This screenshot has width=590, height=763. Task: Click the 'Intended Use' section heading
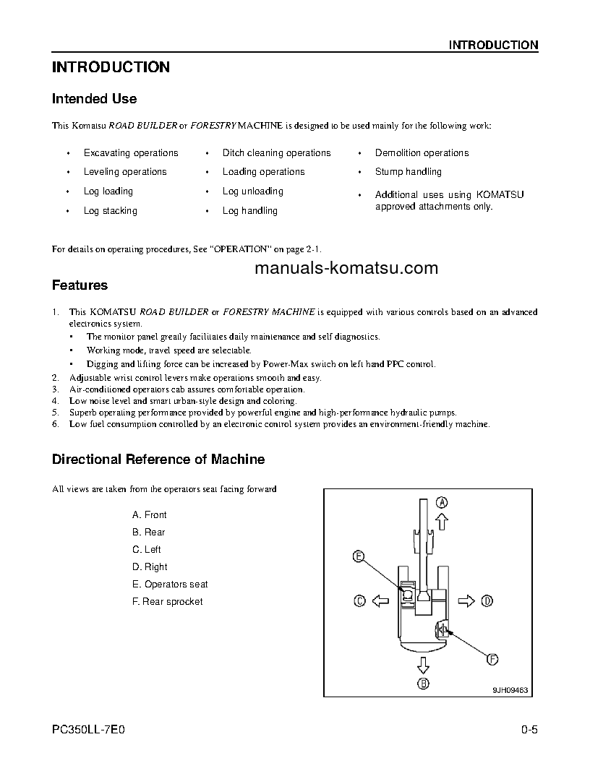click(94, 99)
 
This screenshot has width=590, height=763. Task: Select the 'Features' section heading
click(80, 285)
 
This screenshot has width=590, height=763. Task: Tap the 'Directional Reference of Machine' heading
click(158, 460)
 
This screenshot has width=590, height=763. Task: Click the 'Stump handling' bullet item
click(408, 172)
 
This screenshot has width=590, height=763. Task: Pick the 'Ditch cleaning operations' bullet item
click(276, 153)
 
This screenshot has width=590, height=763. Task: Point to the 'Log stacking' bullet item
click(110, 211)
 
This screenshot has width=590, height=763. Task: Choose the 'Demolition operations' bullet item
click(422, 153)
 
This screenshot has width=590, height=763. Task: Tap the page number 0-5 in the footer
click(529, 729)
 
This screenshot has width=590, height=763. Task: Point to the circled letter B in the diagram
click(424, 684)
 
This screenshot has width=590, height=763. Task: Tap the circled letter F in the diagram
click(492, 659)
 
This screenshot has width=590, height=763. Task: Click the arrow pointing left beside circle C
click(380, 600)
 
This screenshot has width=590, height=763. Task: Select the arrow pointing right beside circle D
click(467, 600)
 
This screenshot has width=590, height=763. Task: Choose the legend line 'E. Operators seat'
click(170, 585)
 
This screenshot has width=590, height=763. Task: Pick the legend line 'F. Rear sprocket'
click(167, 602)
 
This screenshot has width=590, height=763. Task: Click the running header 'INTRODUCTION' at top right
click(493, 45)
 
